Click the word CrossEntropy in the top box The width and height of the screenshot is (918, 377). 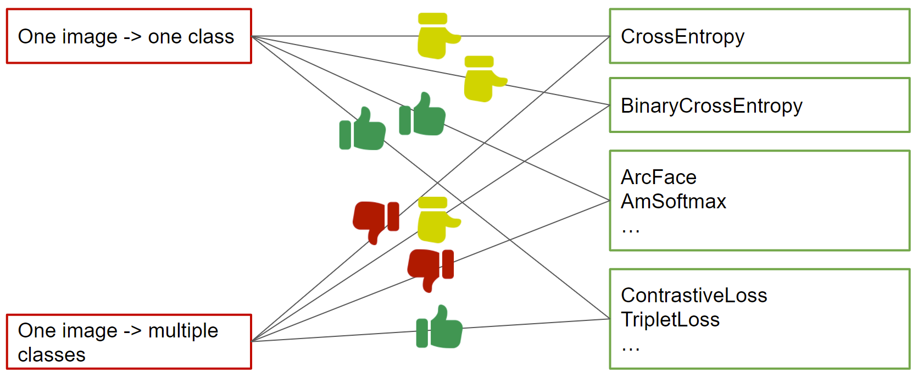(x=682, y=37)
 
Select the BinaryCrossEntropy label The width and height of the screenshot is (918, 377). (x=711, y=106)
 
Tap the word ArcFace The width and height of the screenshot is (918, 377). (x=659, y=178)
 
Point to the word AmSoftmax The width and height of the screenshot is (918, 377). (x=674, y=201)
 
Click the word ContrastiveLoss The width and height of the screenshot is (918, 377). (x=694, y=296)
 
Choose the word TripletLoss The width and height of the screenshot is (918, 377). (x=670, y=319)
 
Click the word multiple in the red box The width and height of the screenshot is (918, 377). (x=183, y=331)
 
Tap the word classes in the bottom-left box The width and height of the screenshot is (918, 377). (x=52, y=355)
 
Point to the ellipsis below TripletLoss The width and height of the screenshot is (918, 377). (x=630, y=349)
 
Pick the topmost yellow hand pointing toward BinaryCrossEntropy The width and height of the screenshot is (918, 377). (x=483, y=79)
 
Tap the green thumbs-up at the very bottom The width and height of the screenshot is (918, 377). (x=439, y=326)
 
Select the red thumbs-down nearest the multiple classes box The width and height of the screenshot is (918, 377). (x=376, y=222)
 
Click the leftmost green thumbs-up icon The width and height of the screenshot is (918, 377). (x=363, y=128)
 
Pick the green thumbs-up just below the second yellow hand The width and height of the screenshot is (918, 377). (x=422, y=114)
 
